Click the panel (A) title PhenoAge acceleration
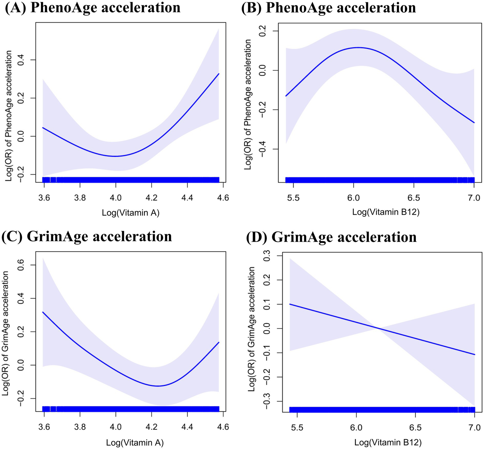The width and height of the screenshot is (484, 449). (92, 7)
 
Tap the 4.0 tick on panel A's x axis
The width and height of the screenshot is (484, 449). (116, 198)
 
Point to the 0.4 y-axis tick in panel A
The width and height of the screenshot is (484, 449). (21, 60)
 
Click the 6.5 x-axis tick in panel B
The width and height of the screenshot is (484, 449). (414, 198)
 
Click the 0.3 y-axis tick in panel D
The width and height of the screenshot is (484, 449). (267, 256)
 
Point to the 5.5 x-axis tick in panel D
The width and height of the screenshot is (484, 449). (297, 428)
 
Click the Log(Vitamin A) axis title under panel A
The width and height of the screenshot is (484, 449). (131, 213)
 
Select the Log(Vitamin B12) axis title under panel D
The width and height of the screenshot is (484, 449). (388, 442)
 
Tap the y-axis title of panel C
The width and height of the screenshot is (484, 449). (5, 333)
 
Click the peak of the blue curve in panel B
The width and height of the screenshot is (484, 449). (359, 47)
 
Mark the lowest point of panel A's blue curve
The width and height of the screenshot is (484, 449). (116, 156)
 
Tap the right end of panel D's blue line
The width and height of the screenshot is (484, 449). (475, 355)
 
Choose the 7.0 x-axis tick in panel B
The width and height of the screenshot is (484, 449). (474, 198)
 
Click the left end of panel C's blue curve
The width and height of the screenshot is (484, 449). (43, 312)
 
